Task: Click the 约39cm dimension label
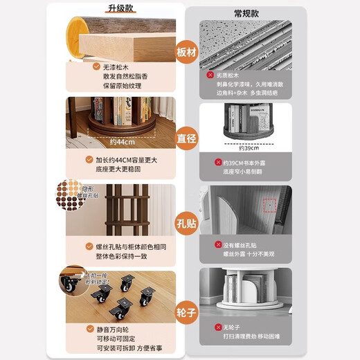coord(248,147)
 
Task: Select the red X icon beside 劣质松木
coord(210,74)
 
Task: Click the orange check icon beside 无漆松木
coord(90,66)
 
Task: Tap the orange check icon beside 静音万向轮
coord(90,329)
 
